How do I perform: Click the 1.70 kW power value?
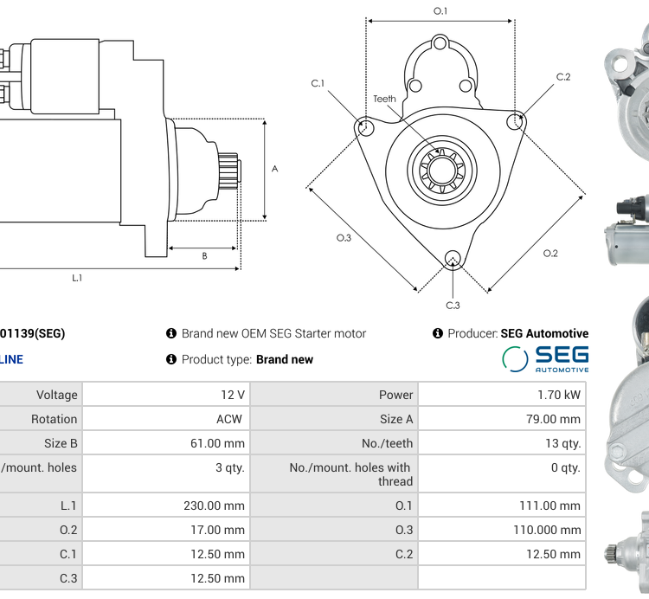559,395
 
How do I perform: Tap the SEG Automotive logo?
545,358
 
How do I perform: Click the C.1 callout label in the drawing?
318,83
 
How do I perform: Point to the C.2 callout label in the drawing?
563,77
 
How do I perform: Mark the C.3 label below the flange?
453,306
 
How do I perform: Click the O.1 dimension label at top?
440,10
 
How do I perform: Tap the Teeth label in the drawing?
384,99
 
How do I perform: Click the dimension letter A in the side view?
275,169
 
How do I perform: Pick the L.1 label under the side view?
77,278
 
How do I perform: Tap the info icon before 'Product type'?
171,359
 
